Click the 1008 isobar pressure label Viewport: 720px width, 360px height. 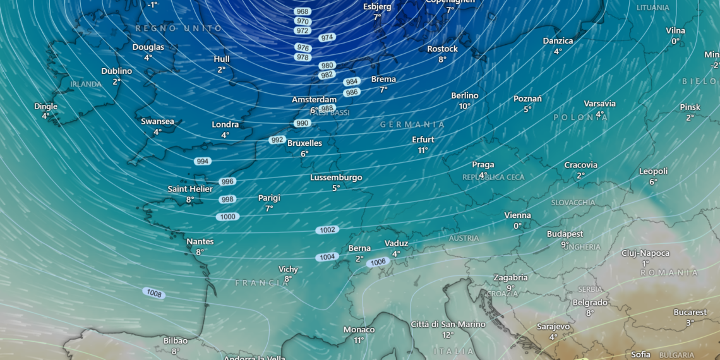[x=153, y=293]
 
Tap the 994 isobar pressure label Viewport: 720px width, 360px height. [x=203, y=161]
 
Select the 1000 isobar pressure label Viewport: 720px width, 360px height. [x=227, y=217]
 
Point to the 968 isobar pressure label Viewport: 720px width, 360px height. [x=303, y=11]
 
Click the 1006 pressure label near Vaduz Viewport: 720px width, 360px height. [x=378, y=262]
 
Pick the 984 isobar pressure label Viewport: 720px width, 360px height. [x=352, y=81]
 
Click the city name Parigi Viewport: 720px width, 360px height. [x=269, y=198]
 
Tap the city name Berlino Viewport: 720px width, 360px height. [x=465, y=95]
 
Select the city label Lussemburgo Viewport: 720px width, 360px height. [x=336, y=177]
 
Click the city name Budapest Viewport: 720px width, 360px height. [x=565, y=234]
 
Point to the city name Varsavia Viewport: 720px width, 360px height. [x=599, y=104]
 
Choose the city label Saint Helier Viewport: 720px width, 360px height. [x=190, y=189]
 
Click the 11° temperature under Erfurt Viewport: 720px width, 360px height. [x=423, y=150]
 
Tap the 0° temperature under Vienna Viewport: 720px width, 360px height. [x=517, y=226]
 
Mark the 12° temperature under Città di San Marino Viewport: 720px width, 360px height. [x=448, y=335]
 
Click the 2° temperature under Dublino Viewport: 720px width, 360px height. [x=117, y=82]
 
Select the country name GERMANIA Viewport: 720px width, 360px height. [x=412, y=124]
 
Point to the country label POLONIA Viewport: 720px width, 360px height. [x=580, y=117]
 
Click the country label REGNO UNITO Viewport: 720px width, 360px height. [x=179, y=28]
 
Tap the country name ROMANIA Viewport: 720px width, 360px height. [x=669, y=273]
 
